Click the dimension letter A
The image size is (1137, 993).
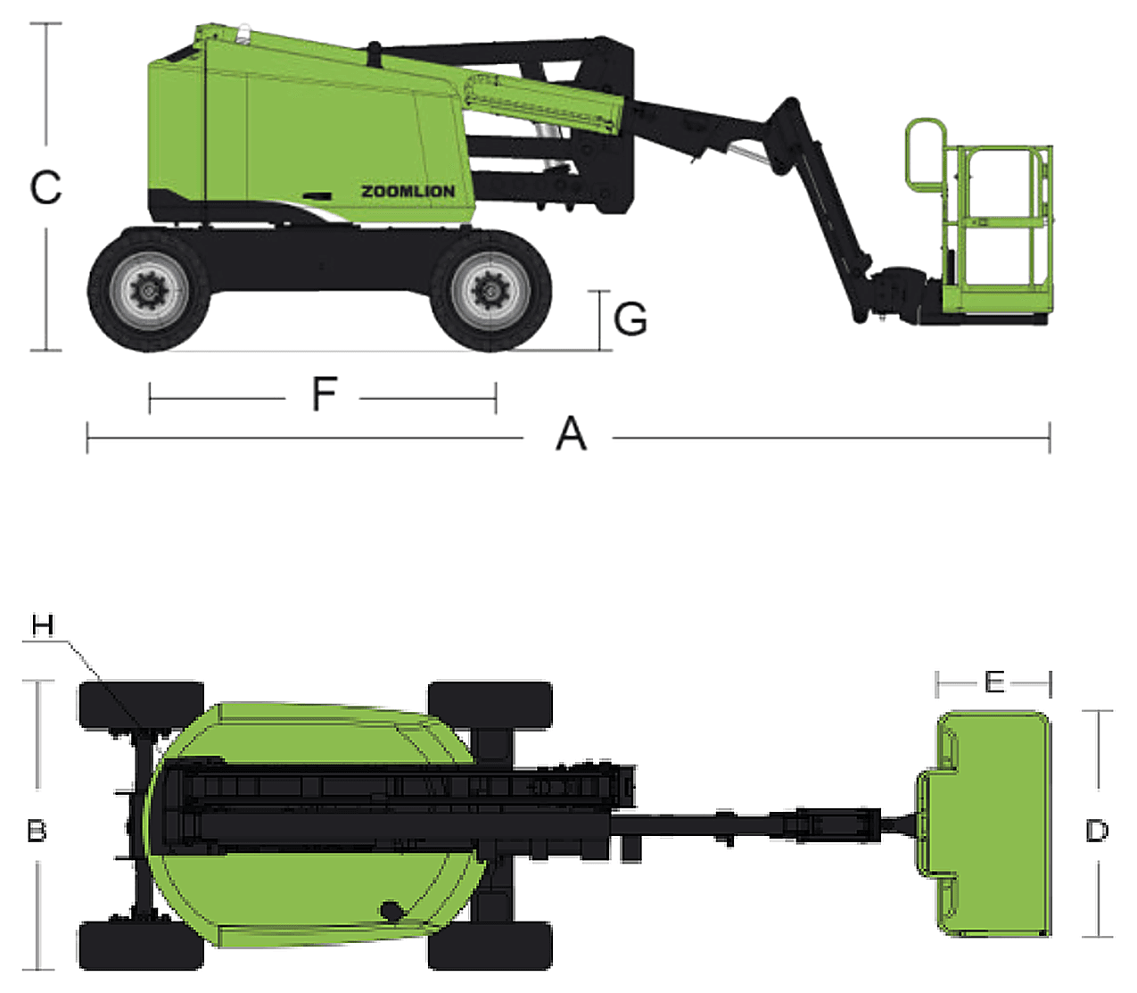coord(571,434)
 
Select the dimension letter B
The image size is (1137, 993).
coord(37,832)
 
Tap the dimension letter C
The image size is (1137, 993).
coord(45,187)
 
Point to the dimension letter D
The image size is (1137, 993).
coord(1097,832)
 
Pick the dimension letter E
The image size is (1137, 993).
coord(994,683)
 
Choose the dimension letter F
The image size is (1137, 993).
coord(325,393)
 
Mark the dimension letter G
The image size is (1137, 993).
coord(630,319)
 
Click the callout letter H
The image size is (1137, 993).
coord(43,625)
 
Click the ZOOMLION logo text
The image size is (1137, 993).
coord(408,192)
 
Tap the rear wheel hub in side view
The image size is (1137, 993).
coord(148,291)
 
